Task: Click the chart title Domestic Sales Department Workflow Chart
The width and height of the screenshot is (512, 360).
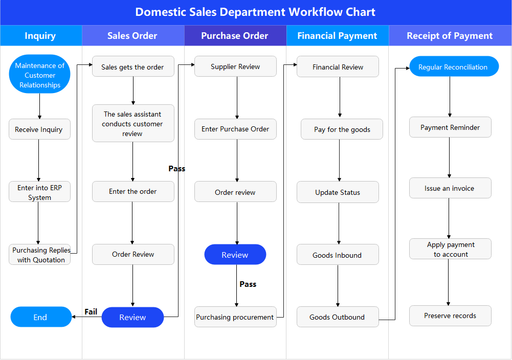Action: [255, 12]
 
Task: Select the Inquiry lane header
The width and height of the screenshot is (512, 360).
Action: [40, 36]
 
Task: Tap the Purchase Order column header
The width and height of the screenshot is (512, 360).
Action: [235, 36]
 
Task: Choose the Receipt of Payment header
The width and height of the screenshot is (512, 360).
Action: [450, 36]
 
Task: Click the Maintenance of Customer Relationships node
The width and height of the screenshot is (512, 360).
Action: [40, 75]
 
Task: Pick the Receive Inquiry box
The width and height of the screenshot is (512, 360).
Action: [39, 129]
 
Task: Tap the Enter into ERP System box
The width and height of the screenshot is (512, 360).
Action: [39, 192]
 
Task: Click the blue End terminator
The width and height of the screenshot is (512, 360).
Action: [41, 317]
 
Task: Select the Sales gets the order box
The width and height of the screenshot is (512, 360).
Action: [133, 67]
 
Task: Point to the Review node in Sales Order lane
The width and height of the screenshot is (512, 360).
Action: [133, 318]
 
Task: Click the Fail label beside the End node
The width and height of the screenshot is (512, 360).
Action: [91, 312]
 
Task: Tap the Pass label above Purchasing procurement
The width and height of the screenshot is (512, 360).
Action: [248, 284]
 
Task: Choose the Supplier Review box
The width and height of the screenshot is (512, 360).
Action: [235, 66]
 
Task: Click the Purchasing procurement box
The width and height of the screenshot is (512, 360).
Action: [235, 317]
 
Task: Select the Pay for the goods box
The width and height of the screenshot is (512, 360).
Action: [342, 129]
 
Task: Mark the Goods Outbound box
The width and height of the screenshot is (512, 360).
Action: [338, 317]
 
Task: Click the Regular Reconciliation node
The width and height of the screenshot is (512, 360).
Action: [454, 67]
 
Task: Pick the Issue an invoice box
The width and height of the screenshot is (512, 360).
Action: [450, 188]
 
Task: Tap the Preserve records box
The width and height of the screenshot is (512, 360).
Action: [450, 316]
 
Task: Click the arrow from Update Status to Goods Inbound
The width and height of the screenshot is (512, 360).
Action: [338, 223]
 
